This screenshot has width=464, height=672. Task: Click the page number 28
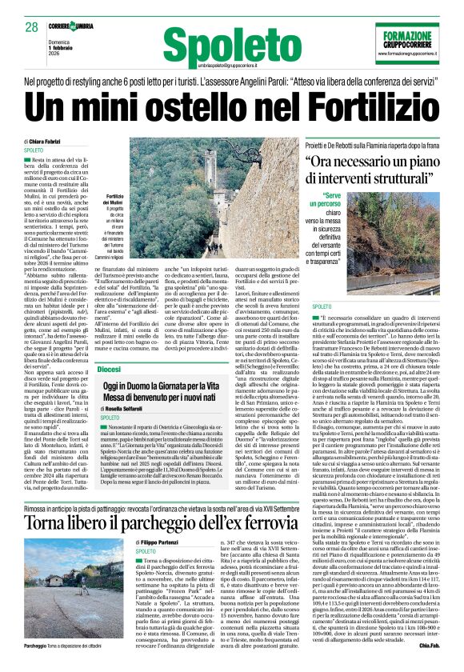[31, 27]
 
